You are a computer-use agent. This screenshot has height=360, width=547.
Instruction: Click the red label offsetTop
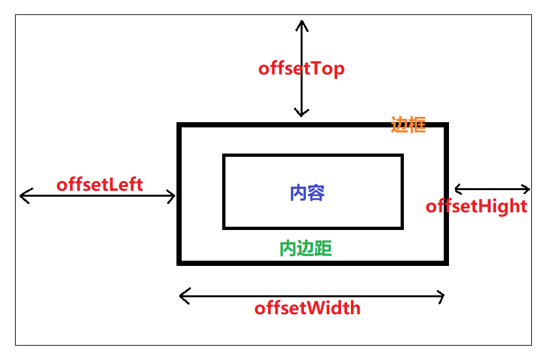(301, 69)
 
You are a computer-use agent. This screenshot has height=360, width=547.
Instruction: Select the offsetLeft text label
(99, 184)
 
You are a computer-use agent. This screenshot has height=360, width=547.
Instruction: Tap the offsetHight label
(476, 206)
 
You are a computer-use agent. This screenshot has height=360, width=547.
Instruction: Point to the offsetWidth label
(307, 308)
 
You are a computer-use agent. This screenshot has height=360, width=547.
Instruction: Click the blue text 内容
(307, 193)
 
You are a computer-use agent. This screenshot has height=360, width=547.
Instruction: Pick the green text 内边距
(306, 248)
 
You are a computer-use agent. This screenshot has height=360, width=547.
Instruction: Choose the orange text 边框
(408, 125)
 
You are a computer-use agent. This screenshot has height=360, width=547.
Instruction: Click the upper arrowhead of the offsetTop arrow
(301, 22)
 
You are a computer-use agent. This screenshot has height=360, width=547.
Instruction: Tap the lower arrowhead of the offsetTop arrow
(301, 114)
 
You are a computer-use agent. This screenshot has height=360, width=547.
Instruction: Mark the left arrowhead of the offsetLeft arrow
(22, 195)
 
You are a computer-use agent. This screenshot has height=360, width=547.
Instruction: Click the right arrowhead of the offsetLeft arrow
(174, 195)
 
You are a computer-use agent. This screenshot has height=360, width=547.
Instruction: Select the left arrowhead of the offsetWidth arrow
(181, 297)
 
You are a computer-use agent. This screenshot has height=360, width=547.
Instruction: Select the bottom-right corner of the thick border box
(446, 263)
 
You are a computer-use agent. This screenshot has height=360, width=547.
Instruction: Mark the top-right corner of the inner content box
(402, 155)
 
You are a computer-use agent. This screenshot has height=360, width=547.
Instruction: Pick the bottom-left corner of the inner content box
(224, 227)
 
